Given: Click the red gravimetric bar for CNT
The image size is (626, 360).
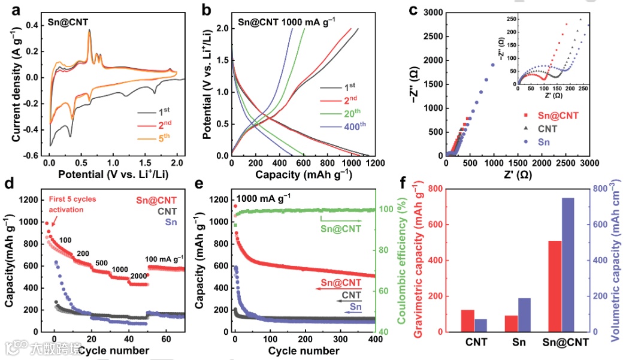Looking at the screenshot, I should pyautogui.click(x=468, y=320).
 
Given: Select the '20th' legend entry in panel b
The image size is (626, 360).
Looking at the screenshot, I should pyautogui.click(x=356, y=128).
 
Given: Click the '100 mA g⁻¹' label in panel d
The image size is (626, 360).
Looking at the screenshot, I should pyautogui.click(x=165, y=259).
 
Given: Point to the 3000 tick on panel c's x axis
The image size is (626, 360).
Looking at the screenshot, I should pyautogui.click(x=589, y=163).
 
